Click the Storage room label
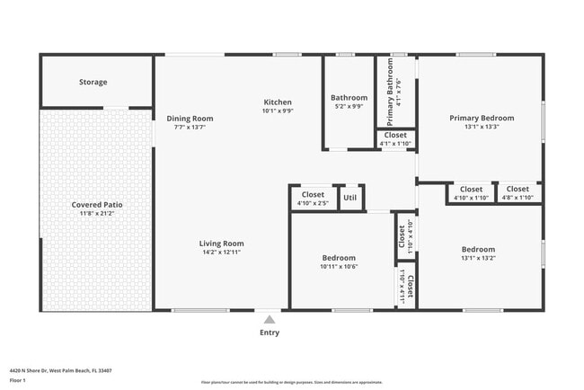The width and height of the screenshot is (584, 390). click(x=93, y=82)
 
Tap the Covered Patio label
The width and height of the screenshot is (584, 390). click(x=97, y=205)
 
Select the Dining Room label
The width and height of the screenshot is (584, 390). click(x=190, y=118)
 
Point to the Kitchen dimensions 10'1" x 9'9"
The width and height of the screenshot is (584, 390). click(x=277, y=111)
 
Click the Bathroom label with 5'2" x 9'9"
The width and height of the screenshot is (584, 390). click(x=349, y=97)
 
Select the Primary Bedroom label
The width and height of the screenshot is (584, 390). click(x=482, y=118)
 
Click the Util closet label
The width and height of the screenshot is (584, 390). click(x=350, y=198)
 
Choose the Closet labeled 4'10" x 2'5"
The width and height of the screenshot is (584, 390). click(x=313, y=194)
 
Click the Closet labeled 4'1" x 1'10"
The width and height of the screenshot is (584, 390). click(x=394, y=135)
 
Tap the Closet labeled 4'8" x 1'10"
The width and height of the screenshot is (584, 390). click(x=518, y=190)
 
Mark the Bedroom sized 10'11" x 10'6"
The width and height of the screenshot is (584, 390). click(x=339, y=258)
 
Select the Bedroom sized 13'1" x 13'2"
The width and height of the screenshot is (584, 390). click(x=478, y=249)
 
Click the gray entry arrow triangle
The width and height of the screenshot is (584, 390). click(x=269, y=318)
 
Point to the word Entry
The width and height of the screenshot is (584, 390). click(x=270, y=332)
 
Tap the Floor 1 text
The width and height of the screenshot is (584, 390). click(x=18, y=380)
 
